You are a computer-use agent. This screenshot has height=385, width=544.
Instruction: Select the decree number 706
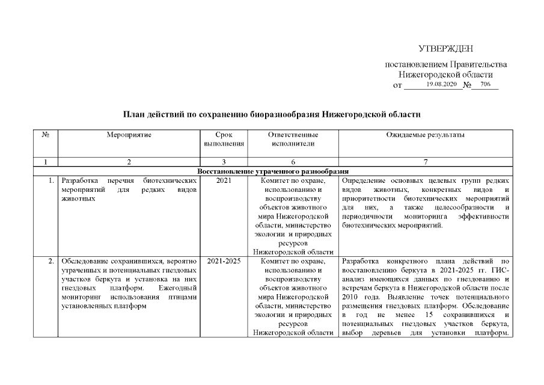click(x=486, y=85)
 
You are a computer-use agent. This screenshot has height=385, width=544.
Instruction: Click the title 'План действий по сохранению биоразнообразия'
click(x=272, y=114)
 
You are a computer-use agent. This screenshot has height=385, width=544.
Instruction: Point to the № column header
click(x=45, y=135)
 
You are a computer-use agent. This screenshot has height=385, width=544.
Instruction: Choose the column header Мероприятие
click(x=129, y=135)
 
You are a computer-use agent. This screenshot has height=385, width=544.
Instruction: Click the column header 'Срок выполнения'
click(x=223, y=140)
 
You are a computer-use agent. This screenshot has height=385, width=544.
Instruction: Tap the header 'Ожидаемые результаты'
click(x=425, y=135)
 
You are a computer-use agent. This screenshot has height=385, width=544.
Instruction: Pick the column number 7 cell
click(x=425, y=162)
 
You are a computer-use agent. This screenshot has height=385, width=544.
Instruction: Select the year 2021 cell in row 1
click(x=223, y=180)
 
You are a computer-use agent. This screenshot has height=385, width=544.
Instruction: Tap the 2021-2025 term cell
click(x=223, y=262)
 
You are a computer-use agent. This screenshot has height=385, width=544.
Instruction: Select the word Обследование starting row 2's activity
click(x=85, y=262)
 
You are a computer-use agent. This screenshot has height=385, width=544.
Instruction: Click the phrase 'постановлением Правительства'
click(x=446, y=64)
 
